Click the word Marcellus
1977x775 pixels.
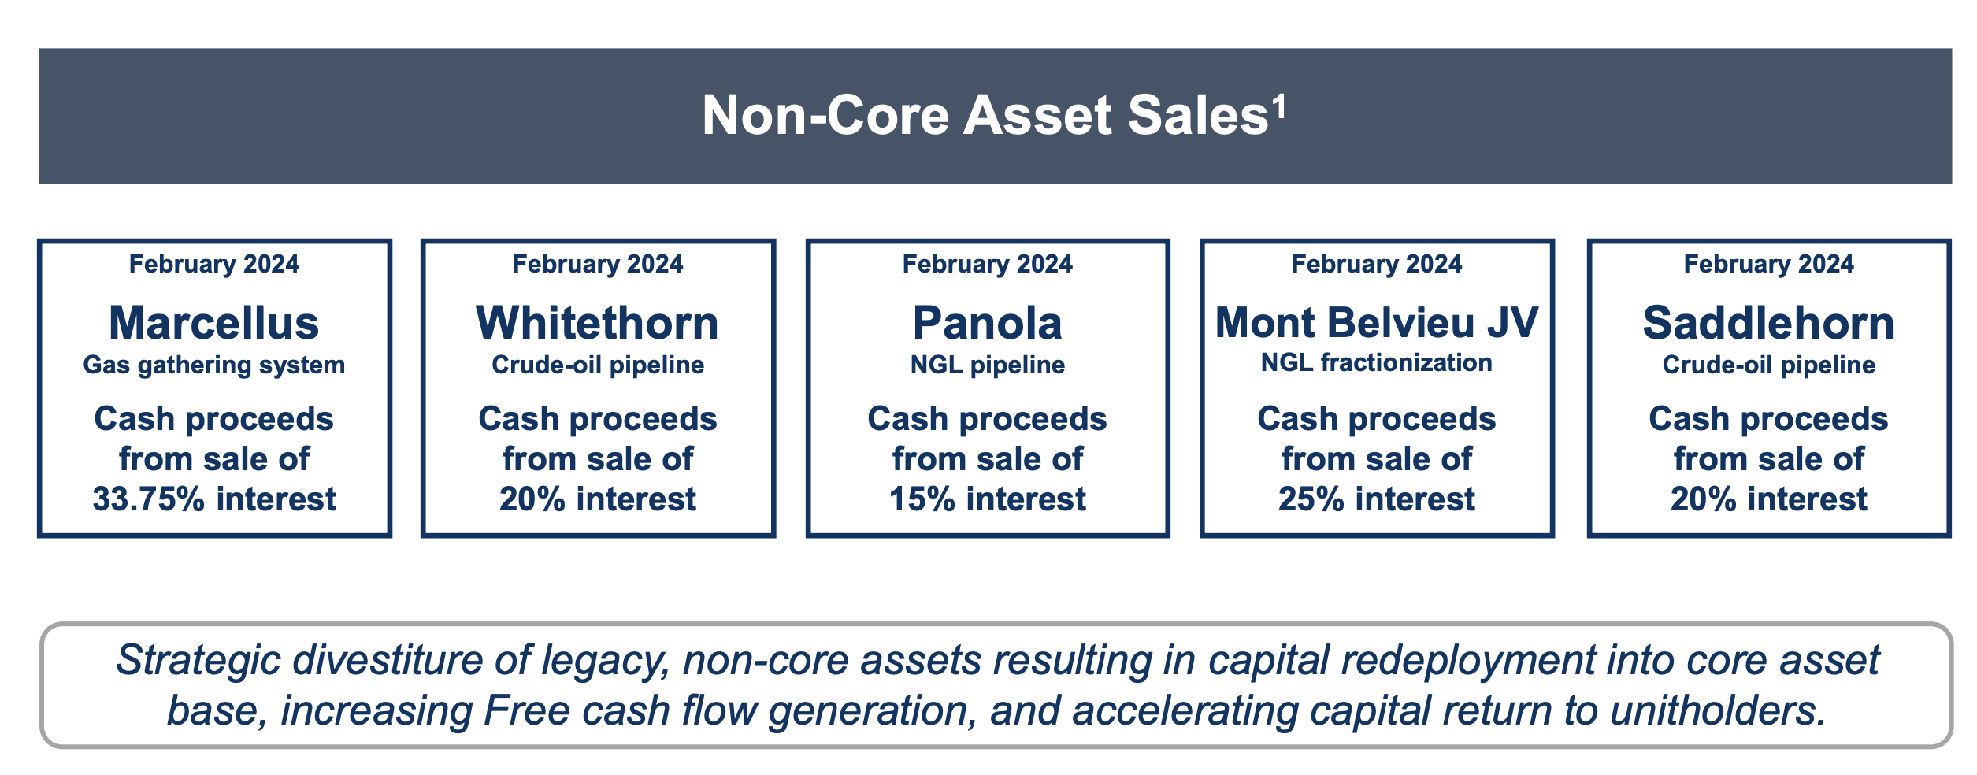pos(214,323)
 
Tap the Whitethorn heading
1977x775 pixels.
pos(598,323)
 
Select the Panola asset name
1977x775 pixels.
pos(988,323)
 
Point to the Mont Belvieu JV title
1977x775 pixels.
pos(1377,322)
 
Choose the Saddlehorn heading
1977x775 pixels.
pos(1769,323)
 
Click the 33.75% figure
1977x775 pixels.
pos(149,499)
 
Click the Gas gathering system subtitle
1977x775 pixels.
pos(214,365)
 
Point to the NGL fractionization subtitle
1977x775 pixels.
pos(1377,362)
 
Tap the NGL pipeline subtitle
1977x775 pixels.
pos(988,365)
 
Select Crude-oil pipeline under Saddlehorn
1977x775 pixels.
pos(1769,365)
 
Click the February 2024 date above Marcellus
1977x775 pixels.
pos(214,264)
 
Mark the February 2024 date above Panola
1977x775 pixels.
pos(988,264)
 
